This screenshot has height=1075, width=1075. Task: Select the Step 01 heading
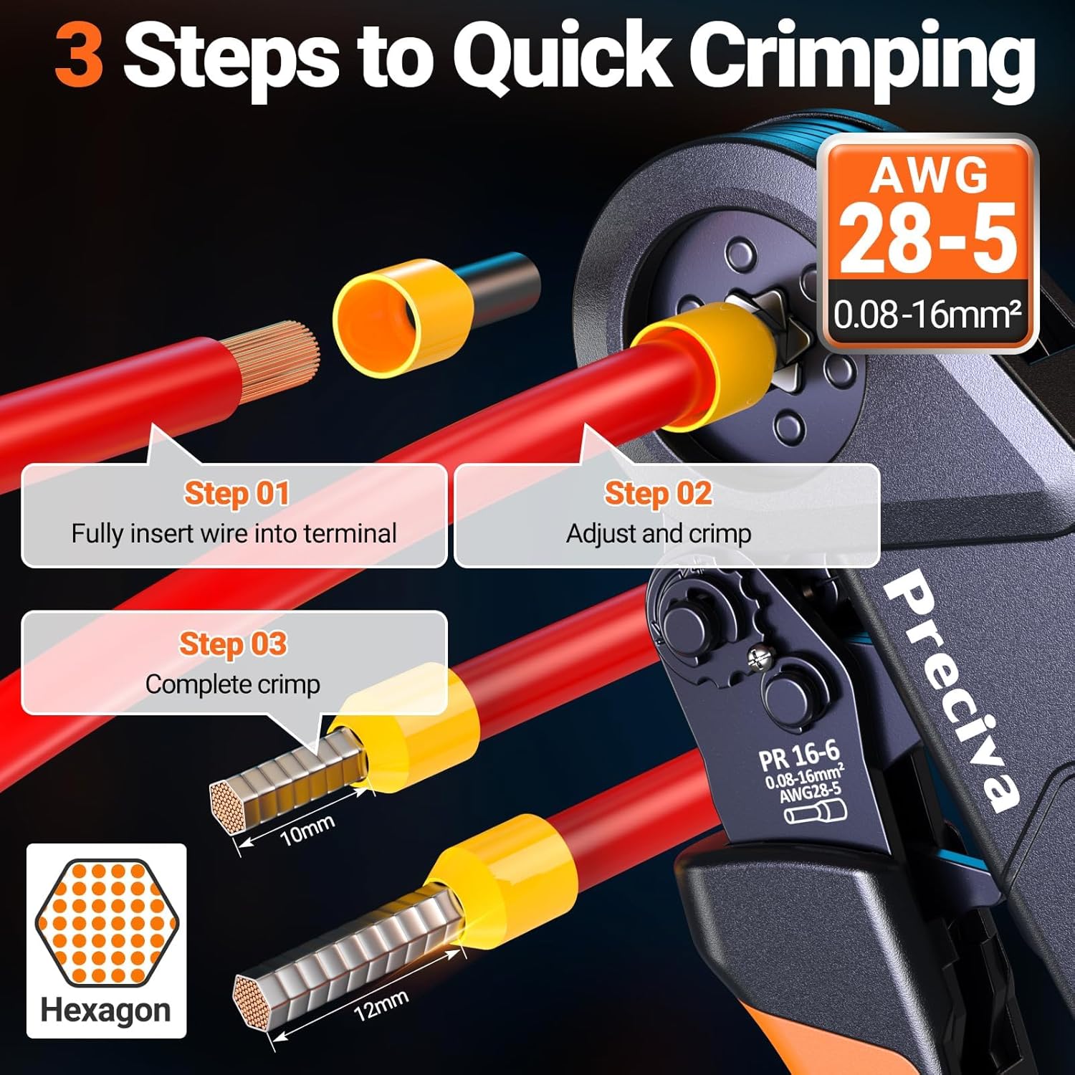(236, 494)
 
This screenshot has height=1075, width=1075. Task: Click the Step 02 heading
(658, 494)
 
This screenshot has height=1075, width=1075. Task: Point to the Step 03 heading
(233, 644)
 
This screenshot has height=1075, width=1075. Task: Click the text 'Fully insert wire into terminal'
(234, 534)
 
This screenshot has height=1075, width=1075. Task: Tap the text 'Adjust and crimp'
(659, 534)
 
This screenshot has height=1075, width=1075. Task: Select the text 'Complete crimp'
(233, 684)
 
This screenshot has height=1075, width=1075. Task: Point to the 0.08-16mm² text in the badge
(927, 315)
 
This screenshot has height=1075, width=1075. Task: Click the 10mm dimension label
(307, 830)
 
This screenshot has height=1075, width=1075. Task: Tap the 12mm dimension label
(381, 1005)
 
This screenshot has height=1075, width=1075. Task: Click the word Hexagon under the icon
(106, 1010)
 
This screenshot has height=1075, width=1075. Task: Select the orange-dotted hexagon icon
(106, 921)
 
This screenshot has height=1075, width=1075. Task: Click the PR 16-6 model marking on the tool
(798, 755)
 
